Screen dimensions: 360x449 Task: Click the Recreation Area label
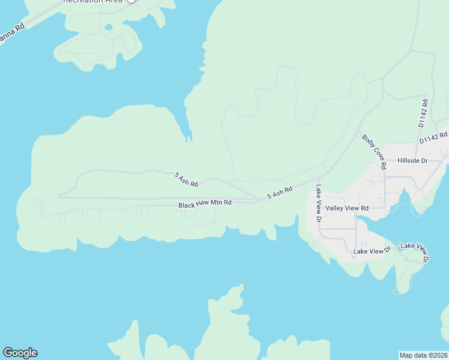93,2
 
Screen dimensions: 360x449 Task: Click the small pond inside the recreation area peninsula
108,26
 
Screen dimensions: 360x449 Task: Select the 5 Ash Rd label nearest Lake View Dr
280,193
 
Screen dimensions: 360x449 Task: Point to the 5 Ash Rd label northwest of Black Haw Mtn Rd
186,178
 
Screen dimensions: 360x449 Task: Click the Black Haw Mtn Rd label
205,205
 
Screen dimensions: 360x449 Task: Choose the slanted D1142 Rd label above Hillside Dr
433,137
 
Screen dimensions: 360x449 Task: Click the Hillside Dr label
412,161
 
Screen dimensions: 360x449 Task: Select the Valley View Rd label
347,208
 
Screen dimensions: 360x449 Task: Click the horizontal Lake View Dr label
372,251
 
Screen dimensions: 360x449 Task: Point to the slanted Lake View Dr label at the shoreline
415,252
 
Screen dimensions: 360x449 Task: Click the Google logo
20,353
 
